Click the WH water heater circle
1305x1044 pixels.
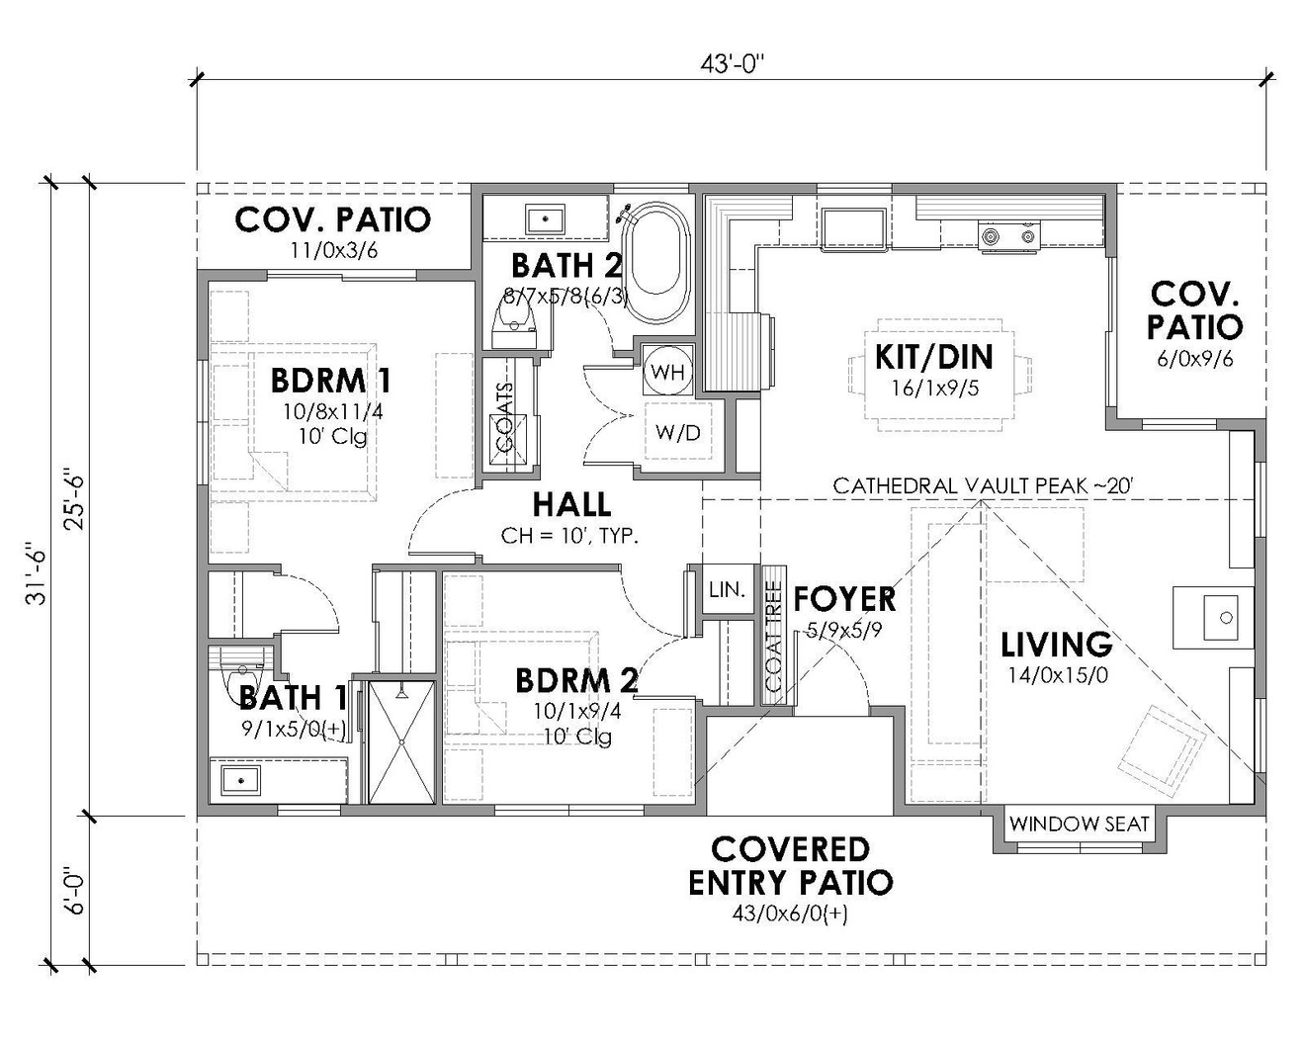(x=668, y=373)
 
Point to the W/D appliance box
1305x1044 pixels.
(x=677, y=432)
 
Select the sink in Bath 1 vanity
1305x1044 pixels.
(x=237, y=779)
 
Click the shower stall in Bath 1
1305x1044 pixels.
(x=401, y=741)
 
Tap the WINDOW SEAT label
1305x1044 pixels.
(x=1080, y=824)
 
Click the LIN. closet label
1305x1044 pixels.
(x=727, y=590)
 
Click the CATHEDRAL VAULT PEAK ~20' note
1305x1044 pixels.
(x=981, y=485)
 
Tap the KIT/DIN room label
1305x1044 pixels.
(x=933, y=357)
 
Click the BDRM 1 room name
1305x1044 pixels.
(x=330, y=381)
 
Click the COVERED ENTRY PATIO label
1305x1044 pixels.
(x=790, y=865)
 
